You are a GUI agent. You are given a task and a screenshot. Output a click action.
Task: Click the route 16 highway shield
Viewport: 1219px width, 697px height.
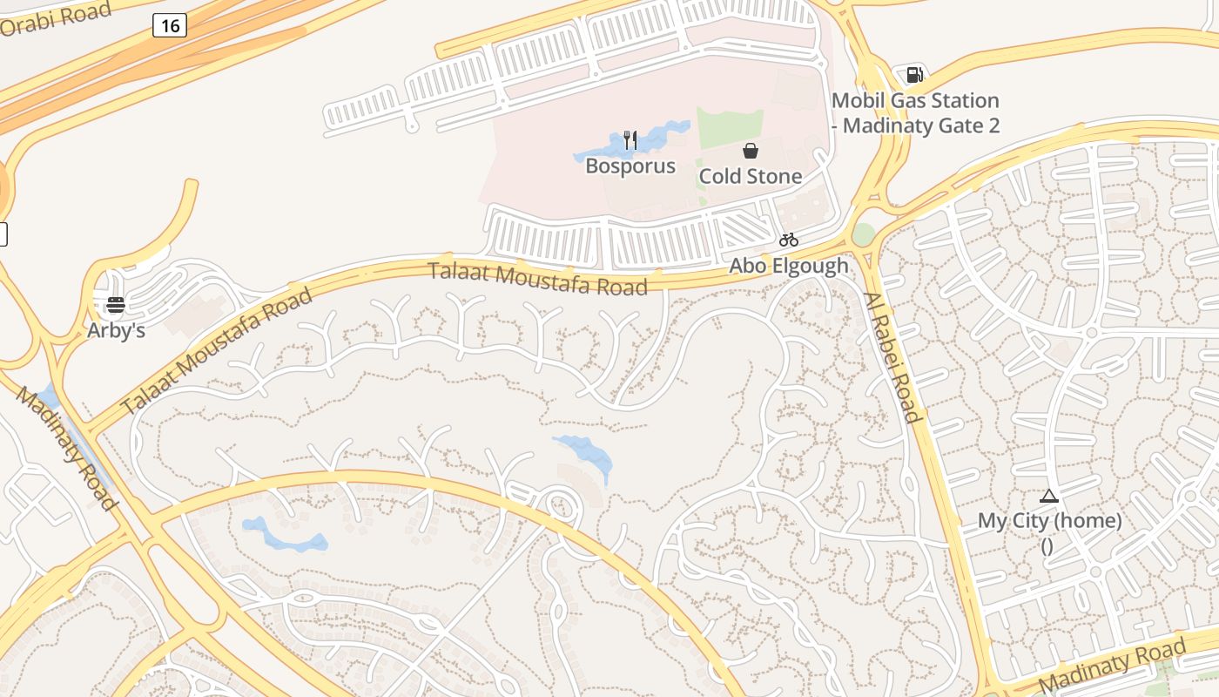[170, 25]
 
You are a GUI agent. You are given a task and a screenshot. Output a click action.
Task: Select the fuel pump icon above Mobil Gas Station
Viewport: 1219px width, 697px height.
[914, 75]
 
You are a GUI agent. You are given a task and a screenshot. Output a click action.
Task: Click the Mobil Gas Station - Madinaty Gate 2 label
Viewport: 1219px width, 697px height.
[915, 113]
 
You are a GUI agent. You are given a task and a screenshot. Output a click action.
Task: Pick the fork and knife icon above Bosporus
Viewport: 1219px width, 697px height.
[630, 139]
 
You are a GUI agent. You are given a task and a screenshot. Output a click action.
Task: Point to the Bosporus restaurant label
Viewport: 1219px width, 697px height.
[630, 166]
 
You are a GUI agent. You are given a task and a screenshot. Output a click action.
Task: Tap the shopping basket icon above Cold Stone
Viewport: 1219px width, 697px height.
[751, 151]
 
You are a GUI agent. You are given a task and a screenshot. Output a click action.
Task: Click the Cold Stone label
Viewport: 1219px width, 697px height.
[751, 176]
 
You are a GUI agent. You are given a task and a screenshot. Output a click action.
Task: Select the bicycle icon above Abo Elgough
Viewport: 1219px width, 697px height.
[789, 240]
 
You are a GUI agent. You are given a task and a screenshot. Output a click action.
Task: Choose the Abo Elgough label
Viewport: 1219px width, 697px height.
[789, 266]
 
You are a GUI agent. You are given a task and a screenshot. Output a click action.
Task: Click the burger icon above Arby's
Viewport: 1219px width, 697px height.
[116, 305]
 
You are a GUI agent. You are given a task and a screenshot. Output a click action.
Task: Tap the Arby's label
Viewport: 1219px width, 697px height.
[116, 331]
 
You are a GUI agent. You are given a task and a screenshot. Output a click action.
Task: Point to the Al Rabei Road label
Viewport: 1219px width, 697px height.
[892, 357]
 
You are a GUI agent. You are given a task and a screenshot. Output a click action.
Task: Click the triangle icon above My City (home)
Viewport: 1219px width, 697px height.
[1049, 497]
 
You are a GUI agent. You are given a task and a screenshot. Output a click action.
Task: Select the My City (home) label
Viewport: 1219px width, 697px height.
[1049, 521]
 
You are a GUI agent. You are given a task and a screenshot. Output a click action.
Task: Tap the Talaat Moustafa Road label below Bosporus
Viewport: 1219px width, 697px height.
[538, 279]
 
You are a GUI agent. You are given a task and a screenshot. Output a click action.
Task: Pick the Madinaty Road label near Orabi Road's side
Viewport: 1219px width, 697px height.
[65, 449]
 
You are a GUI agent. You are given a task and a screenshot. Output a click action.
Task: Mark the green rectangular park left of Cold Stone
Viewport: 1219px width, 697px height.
[730, 129]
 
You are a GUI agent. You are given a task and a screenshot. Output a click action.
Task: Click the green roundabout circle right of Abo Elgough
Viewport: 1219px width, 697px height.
[863, 234]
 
